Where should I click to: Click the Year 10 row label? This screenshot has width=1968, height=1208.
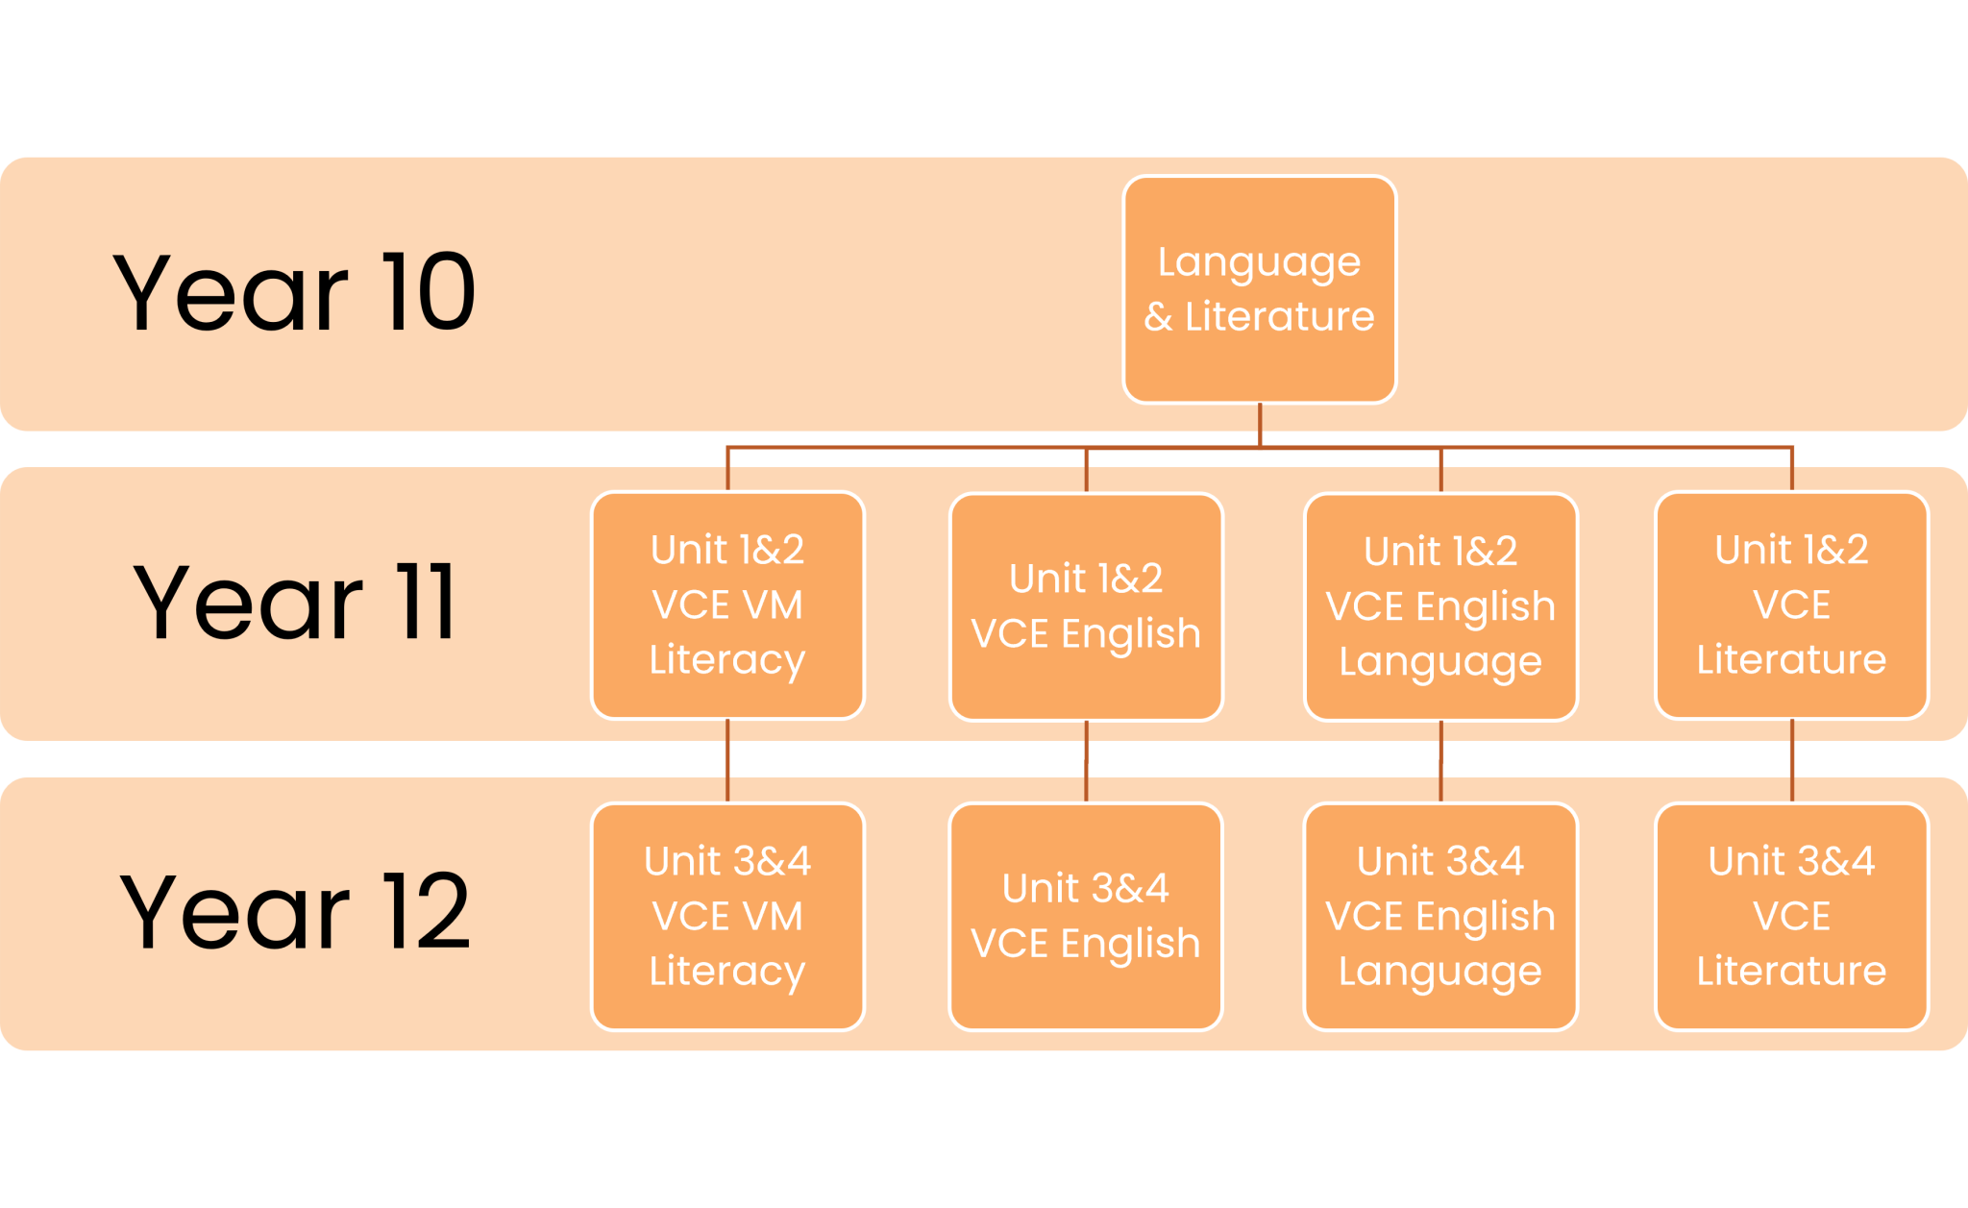tap(294, 292)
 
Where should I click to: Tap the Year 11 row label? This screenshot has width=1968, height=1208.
tap(294, 602)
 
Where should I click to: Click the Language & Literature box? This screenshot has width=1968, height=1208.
tap(1259, 289)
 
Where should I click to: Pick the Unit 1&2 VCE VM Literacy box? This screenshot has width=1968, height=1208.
tap(727, 605)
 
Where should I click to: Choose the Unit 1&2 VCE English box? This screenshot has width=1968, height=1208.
tap(1086, 606)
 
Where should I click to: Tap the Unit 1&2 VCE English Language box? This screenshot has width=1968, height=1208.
tap(1440, 606)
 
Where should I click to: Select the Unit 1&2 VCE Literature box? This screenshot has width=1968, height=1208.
tap(1791, 605)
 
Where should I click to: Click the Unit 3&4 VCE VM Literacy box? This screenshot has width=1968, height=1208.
tap(727, 917)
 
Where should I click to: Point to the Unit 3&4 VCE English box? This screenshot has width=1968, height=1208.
tap(1086, 917)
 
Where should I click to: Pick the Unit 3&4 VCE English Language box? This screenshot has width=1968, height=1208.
tap(1440, 917)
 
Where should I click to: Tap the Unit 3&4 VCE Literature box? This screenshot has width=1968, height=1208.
tap(1791, 917)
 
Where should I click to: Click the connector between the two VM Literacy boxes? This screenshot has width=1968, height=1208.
tap(727, 761)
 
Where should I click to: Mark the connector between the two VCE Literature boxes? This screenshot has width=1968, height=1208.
tap(1791, 761)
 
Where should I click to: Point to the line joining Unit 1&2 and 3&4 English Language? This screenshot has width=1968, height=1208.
tap(1440, 762)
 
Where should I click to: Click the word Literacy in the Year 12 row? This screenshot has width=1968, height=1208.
tap(727, 973)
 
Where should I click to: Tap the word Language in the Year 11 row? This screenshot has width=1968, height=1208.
tap(1440, 663)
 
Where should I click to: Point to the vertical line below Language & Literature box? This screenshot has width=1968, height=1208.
tap(1259, 426)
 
